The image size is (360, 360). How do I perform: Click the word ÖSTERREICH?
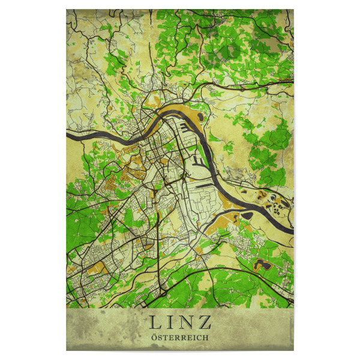point(179,338)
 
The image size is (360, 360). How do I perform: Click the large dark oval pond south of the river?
point(248,215)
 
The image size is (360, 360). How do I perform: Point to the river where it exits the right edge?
point(292,232)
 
